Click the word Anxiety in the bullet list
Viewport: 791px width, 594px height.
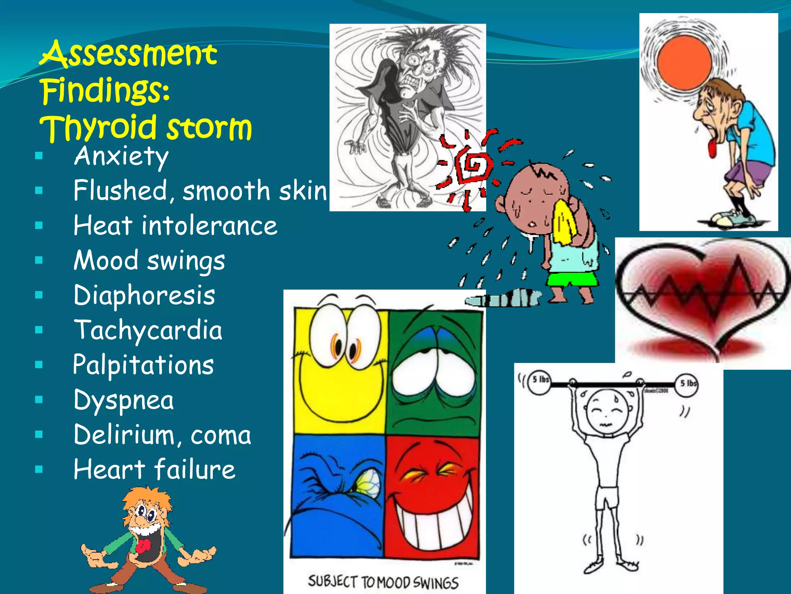121,157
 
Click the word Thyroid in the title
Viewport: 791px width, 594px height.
98,128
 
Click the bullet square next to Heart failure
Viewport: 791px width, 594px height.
39,469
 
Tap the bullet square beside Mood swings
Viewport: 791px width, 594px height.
39,260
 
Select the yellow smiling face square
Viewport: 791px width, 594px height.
340,371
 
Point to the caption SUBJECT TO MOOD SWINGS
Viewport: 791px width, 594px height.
383,582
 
